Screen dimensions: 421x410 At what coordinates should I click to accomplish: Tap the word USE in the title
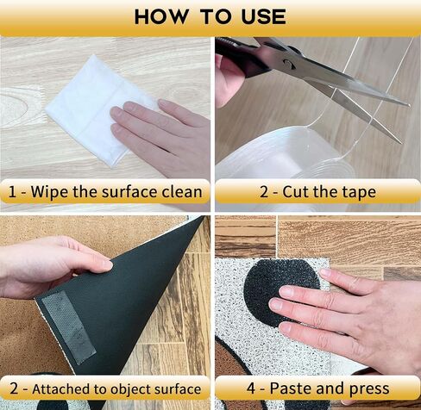[x=263, y=16]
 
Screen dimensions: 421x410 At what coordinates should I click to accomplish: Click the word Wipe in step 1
[x=49, y=191]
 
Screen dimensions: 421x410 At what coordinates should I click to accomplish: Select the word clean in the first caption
[x=182, y=191]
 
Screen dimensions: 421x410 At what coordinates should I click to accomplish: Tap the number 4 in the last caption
[x=251, y=388]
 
